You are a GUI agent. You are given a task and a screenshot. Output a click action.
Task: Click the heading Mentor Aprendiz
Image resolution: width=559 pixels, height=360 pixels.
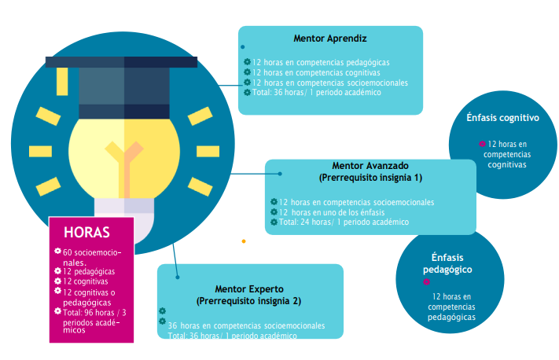pos(330,38)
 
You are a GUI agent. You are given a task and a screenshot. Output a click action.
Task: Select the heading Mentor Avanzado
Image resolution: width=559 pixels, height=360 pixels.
pos(370,167)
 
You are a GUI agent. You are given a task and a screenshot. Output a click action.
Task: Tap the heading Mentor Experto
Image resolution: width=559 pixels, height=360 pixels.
pos(250,289)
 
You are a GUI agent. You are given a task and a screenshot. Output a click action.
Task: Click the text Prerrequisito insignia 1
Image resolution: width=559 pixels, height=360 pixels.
pos(370,177)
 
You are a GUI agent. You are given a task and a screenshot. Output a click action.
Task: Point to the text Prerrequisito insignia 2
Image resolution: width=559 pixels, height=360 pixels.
pos(250,300)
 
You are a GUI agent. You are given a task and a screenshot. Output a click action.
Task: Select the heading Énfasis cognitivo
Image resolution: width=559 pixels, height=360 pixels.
pos(502,119)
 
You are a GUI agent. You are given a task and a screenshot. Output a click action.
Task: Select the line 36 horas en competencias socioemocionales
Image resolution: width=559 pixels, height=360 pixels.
pos(246,325)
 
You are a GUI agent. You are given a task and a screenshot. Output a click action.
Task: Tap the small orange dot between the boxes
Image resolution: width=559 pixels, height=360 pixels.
pos(244,241)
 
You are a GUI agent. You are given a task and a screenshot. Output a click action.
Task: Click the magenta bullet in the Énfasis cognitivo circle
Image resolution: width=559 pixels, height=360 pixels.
pos(482,145)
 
